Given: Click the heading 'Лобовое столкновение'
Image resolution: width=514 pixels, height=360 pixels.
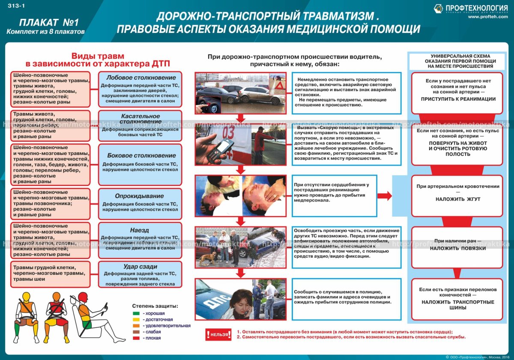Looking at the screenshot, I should click(x=140, y=77).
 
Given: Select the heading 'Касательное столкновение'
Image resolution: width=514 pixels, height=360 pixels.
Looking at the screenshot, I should click(x=140, y=119).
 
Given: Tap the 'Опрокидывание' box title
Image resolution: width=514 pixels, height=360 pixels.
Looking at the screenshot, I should click(x=140, y=196).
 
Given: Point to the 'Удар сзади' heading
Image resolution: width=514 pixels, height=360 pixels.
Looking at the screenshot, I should click(x=140, y=266).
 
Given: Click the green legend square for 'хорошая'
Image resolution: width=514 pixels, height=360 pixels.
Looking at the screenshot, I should click(x=136, y=314).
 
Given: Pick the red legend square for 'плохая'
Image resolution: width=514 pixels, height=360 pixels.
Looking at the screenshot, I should click(x=136, y=338).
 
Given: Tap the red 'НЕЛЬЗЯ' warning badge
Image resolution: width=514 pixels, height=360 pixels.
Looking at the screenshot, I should click(x=218, y=334).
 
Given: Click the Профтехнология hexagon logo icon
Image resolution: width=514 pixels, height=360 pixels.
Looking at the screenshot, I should click(x=439, y=8).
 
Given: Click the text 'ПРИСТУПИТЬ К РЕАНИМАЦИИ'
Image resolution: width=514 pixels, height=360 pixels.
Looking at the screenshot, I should click(x=458, y=99).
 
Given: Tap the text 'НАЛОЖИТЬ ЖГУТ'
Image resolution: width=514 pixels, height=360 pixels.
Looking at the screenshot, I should click(x=458, y=199).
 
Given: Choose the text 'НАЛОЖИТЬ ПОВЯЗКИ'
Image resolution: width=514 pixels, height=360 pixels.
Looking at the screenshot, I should click(x=458, y=248).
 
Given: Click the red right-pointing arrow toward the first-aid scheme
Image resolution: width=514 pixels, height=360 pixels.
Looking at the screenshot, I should click(x=385, y=196).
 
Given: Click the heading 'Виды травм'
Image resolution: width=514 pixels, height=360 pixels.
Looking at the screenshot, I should click(x=98, y=56).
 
